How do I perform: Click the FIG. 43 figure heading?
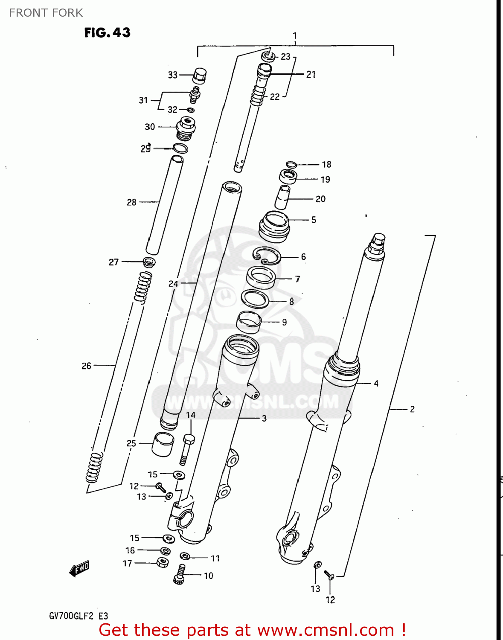(107, 32)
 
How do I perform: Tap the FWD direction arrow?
(80, 569)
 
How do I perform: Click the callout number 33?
(172, 75)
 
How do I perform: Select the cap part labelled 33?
(199, 76)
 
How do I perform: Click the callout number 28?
(131, 202)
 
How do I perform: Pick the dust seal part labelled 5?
(274, 227)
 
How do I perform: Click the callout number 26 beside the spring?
(86, 366)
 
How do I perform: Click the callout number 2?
(412, 409)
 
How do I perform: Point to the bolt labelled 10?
(179, 574)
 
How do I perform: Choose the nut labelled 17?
(163, 562)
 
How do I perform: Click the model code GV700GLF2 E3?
(79, 616)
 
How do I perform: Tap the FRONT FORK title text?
(46, 13)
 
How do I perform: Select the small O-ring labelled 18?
(291, 164)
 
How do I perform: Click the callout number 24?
(173, 283)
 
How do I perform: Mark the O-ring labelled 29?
(180, 148)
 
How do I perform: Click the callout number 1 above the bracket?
(295, 35)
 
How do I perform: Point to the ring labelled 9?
(249, 322)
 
